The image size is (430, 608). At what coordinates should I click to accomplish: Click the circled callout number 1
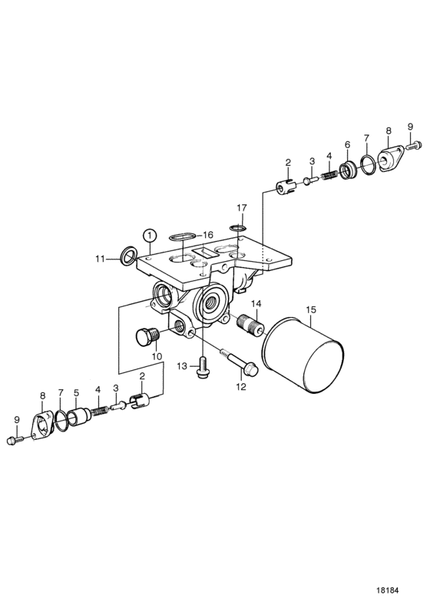[x=150, y=235]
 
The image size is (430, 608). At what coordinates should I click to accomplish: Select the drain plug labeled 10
[x=148, y=335]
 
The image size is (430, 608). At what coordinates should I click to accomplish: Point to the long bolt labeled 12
[x=239, y=362]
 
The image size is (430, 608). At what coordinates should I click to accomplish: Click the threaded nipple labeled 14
[x=250, y=321]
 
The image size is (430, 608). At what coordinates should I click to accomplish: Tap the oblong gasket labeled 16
[x=181, y=236]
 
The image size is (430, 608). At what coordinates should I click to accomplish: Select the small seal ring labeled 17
[x=238, y=226]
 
